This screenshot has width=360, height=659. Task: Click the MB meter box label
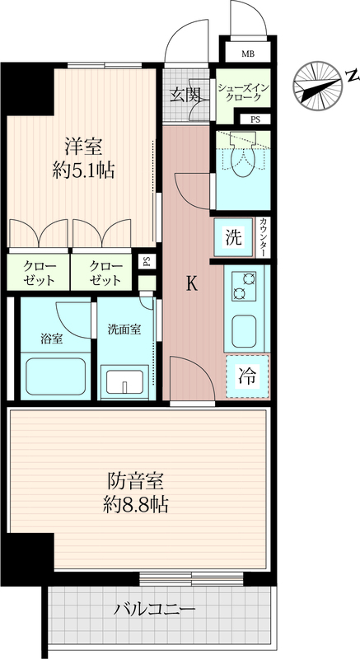click(x=247, y=54)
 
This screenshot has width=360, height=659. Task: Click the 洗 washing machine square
click(x=234, y=237)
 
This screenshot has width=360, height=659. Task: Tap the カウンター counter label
click(x=263, y=237)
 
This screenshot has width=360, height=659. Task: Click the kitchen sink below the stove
click(x=244, y=331)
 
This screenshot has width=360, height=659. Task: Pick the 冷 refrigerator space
click(x=247, y=376)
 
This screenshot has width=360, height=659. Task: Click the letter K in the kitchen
click(x=192, y=285)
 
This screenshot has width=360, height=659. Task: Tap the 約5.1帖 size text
click(x=83, y=171)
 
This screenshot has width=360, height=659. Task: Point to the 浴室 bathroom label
click(x=52, y=339)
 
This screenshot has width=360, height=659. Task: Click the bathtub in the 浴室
click(x=56, y=376)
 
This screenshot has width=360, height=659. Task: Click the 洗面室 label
click(x=124, y=329)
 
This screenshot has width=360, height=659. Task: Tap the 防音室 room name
click(x=135, y=481)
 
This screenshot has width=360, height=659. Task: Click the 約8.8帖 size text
click(x=136, y=505)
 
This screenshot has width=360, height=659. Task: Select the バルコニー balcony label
click(x=155, y=609)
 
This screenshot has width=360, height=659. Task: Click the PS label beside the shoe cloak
click(x=255, y=119)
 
